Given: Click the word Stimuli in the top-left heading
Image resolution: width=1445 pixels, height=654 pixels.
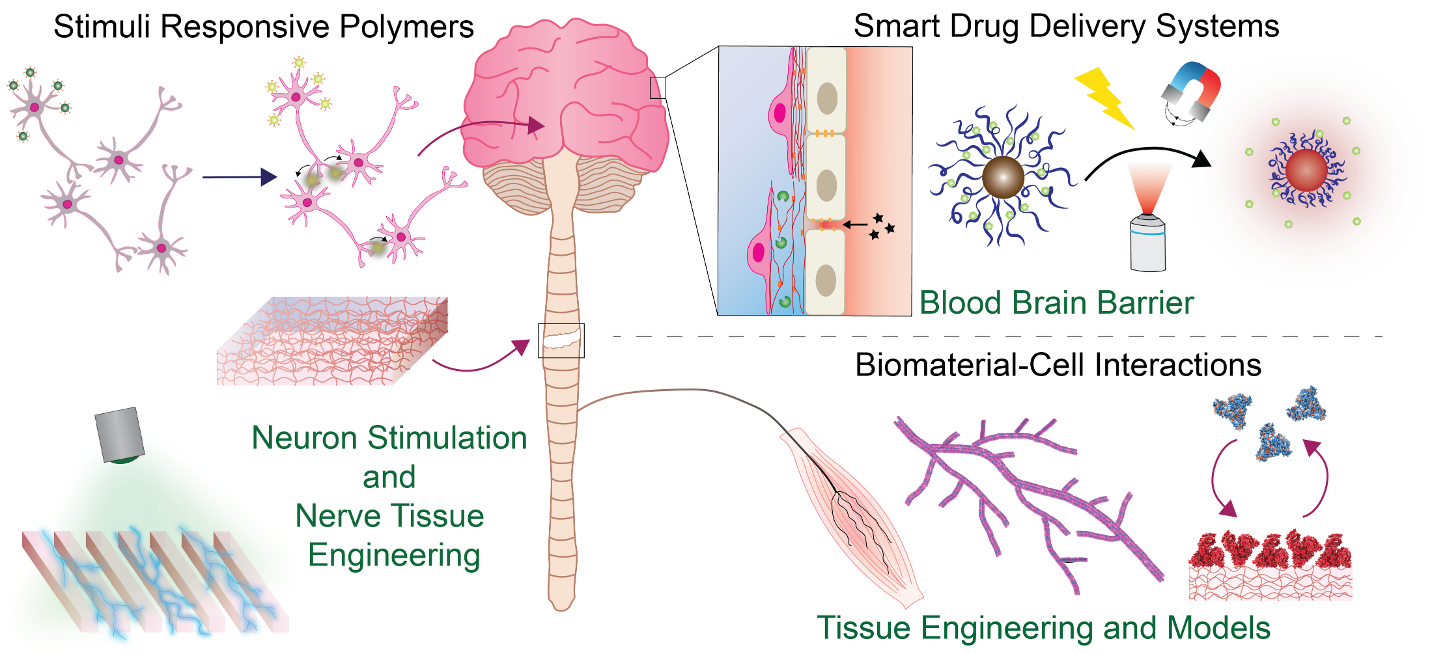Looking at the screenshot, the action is click(x=103, y=27).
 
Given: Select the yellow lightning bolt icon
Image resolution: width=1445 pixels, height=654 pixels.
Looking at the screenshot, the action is click(x=1104, y=98).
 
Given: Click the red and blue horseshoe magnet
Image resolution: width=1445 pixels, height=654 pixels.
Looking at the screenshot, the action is click(x=1191, y=90).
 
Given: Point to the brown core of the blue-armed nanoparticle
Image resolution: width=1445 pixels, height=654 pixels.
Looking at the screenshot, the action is click(x=1003, y=177).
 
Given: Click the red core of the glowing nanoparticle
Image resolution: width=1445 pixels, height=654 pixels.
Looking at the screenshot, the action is click(x=1306, y=170).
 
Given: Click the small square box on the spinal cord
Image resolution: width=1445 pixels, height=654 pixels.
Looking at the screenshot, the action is click(x=561, y=340).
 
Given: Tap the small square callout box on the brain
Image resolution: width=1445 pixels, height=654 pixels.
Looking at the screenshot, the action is click(x=658, y=88).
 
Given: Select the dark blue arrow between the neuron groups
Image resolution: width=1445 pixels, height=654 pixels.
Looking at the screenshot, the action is click(x=240, y=177).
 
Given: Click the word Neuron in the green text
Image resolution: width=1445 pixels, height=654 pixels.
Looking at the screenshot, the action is click(x=305, y=438).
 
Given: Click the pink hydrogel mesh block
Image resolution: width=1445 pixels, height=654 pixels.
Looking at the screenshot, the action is click(x=333, y=341).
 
